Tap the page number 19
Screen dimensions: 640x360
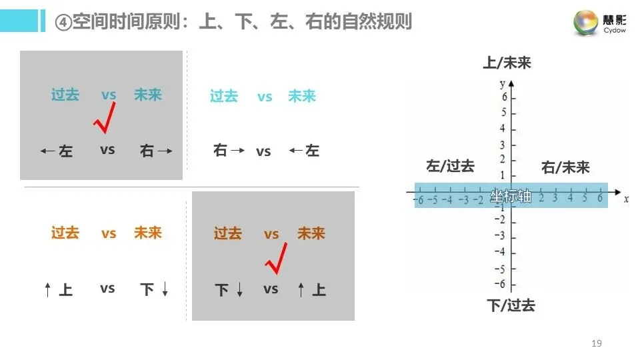(x=596, y=343)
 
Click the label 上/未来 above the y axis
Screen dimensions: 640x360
(x=507, y=63)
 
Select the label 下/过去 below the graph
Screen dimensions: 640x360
(x=511, y=305)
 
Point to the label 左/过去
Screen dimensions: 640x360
(x=450, y=166)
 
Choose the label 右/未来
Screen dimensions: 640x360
(x=565, y=167)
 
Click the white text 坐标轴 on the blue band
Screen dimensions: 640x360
(x=511, y=196)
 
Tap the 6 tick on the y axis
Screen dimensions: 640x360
(x=504, y=97)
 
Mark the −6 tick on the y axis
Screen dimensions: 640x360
(x=502, y=285)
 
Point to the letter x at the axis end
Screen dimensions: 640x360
(x=626, y=198)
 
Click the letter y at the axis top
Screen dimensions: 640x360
(x=501, y=83)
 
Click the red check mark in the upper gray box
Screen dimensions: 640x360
(x=105, y=117)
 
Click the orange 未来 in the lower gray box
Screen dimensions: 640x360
(x=311, y=233)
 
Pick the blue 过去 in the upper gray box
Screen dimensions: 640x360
(x=65, y=95)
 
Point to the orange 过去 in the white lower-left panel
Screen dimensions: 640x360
(x=65, y=233)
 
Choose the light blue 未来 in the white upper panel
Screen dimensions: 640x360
(x=301, y=96)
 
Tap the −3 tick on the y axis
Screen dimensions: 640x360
(x=502, y=237)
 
